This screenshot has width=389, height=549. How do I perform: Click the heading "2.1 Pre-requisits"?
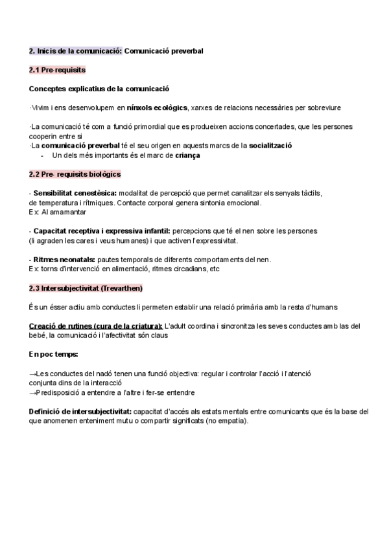click(x=58, y=69)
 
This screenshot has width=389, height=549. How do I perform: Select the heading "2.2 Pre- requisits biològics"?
click(x=75, y=174)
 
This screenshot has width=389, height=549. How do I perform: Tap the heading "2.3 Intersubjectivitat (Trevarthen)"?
click(x=86, y=288)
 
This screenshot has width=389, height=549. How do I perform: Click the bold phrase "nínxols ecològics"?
click(x=158, y=107)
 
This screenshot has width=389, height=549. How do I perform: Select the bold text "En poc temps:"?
click(x=53, y=354)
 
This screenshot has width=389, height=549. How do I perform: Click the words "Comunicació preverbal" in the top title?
click(x=163, y=50)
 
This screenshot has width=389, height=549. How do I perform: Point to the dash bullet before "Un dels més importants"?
click(x=42, y=155)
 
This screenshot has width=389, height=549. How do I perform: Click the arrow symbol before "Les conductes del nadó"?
click(x=33, y=374)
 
